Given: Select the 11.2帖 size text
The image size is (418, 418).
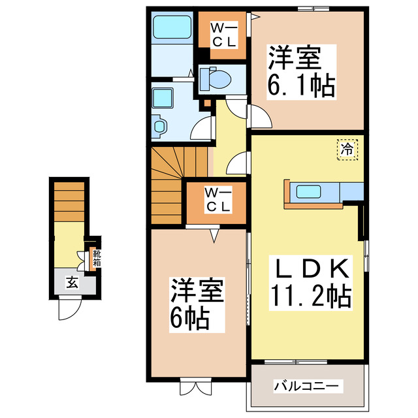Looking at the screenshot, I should pyautogui.click(x=311, y=297).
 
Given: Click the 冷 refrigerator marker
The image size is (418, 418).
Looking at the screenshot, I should pyautogui.click(x=347, y=148).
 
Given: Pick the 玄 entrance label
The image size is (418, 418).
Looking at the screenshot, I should pyautogui.click(x=72, y=283).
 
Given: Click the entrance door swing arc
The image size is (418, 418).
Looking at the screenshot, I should pyautogui.click(x=69, y=310).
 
